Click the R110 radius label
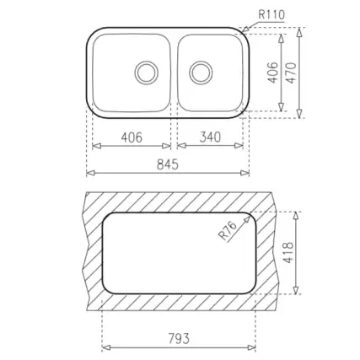click(x=271, y=14)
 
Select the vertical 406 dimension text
click(x=272, y=73)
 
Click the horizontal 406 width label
click(x=132, y=137)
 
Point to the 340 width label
click(x=210, y=137)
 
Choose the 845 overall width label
click(x=168, y=164)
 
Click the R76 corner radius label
click(x=228, y=231)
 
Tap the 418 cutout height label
click(x=289, y=253)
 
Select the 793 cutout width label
click(x=179, y=338)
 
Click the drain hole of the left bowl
click(x=147, y=73)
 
